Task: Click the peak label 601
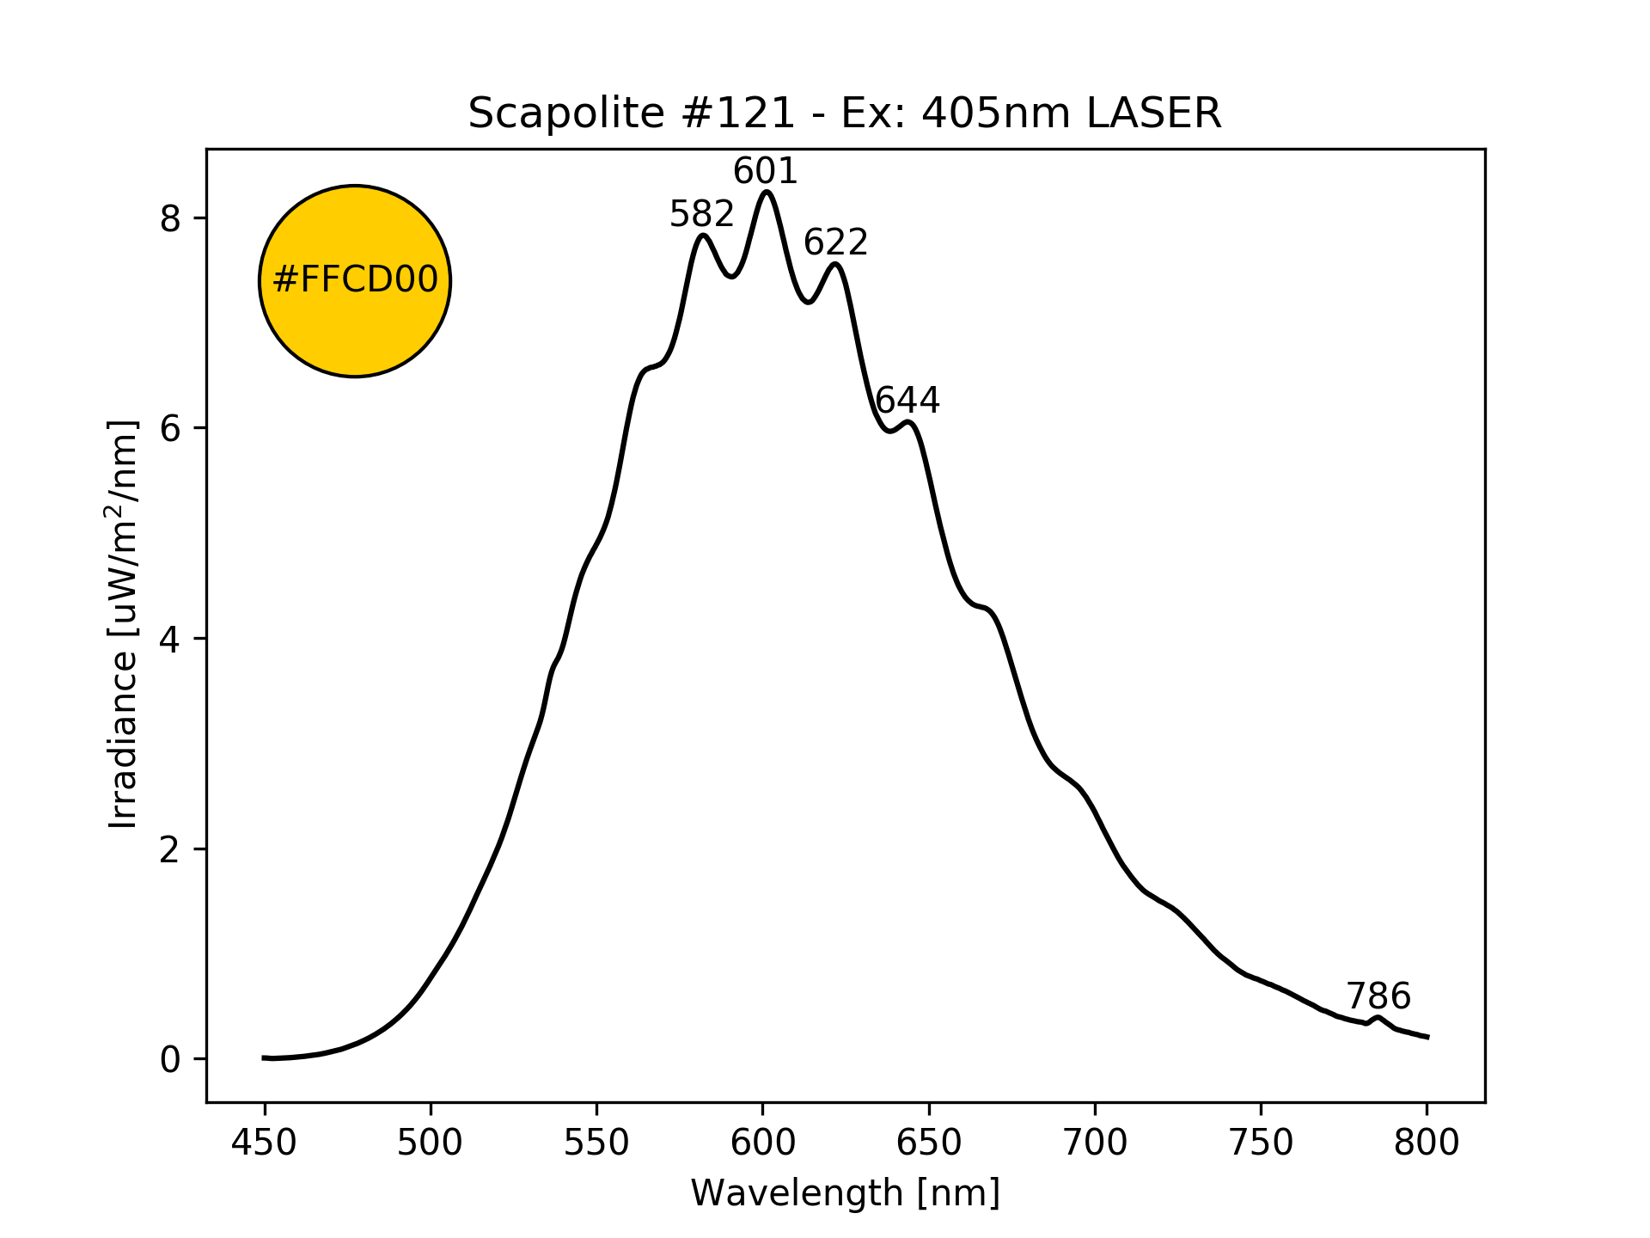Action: click(x=765, y=172)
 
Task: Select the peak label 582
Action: click(x=702, y=214)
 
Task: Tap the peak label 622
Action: click(x=835, y=243)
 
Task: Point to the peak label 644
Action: click(x=907, y=401)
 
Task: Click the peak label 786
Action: click(x=1378, y=997)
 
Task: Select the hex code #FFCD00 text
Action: click(x=355, y=280)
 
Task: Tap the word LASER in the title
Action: click(x=1153, y=113)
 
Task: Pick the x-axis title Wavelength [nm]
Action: click(x=845, y=1193)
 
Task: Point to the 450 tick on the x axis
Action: click(x=265, y=1143)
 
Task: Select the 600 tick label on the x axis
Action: click(x=762, y=1143)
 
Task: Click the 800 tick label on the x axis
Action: click(x=1427, y=1143)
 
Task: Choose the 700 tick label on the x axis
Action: click(x=1095, y=1143)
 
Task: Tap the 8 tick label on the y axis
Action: click(x=170, y=219)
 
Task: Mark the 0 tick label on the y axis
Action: click(x=170, y=1060)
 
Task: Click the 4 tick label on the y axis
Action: click(x=170, y=640)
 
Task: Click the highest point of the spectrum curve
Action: click(x=767, y=192)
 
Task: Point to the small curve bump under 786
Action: click(x=1378, y=1018)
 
